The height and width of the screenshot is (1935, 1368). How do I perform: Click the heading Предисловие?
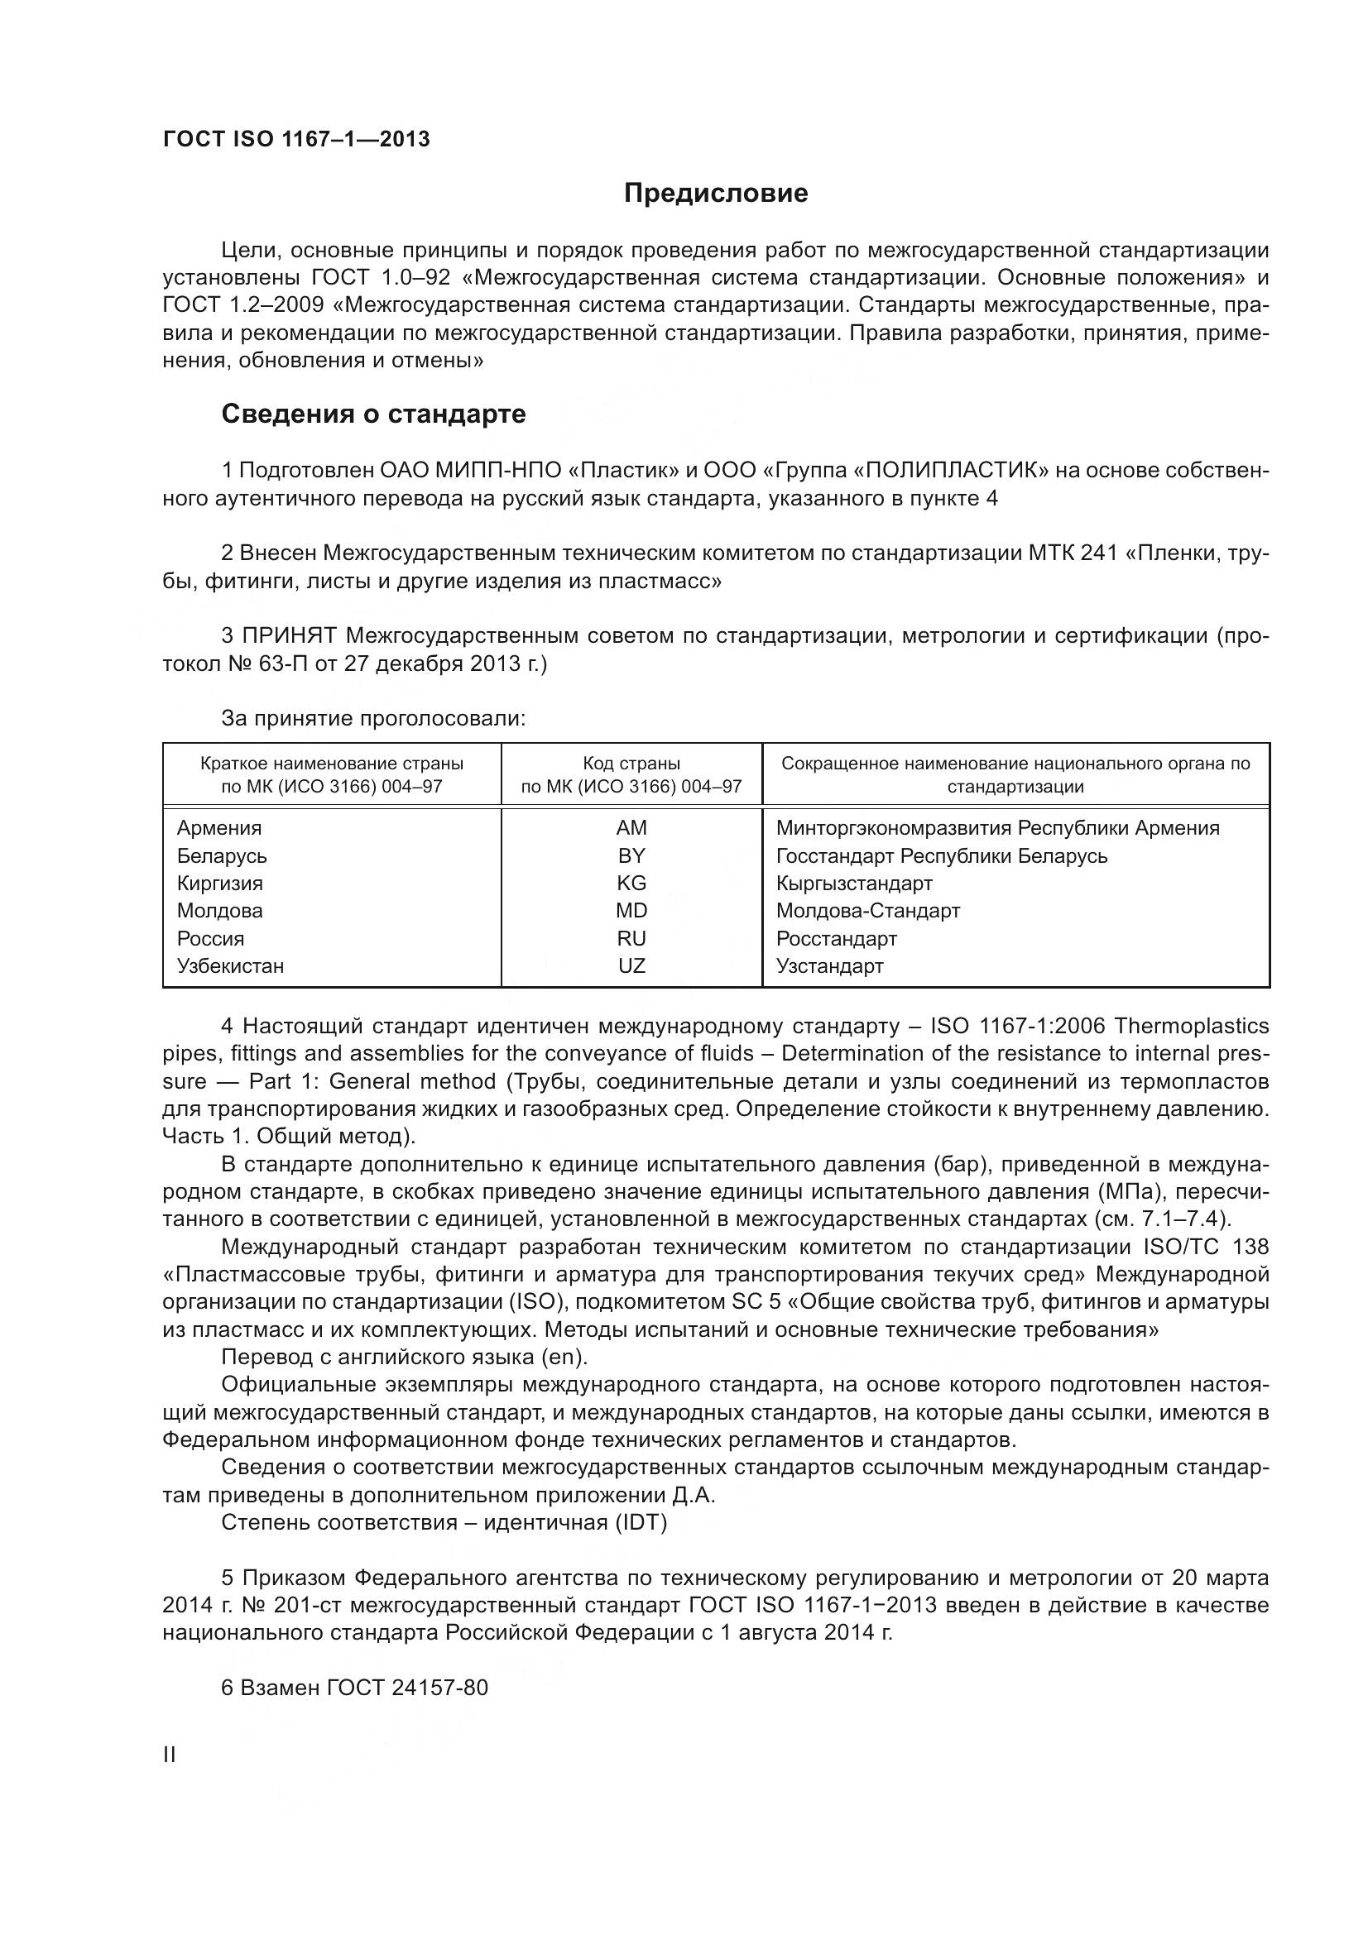coord(716,193)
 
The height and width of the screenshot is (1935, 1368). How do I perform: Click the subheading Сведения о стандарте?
coord(372,414)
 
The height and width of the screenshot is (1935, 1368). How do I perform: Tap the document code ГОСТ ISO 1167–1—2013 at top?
coord(295,139)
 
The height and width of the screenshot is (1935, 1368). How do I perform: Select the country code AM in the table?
coord(631,827)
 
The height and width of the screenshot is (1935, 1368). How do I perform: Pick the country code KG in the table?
coord(631,884)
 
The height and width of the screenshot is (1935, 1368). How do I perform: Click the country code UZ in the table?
coord(631,965)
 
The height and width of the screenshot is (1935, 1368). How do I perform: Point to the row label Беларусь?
coord(222,855)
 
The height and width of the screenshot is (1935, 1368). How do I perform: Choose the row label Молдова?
coord(219,910)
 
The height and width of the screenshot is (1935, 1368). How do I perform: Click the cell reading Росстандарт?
coord(836,938)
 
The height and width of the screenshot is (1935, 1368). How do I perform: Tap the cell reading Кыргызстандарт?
coord(854,884)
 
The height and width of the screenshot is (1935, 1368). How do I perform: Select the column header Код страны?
coord(631,764)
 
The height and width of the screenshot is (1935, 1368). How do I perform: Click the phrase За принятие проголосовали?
coord(373,718)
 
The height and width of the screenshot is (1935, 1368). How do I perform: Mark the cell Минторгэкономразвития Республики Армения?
coord(997,827)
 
